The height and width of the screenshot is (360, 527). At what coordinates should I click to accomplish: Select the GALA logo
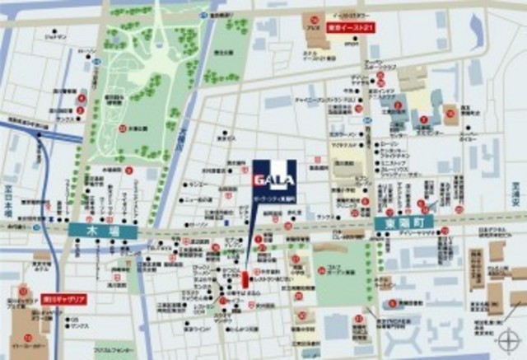pos(274,177)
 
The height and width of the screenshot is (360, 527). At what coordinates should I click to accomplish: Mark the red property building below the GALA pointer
pos(245,278)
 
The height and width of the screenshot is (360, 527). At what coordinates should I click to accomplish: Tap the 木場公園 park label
pos(138,128)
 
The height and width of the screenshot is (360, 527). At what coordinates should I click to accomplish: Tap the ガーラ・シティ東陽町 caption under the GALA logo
pos(274,200)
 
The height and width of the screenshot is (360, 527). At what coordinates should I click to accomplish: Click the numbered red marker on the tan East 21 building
pos(314,20)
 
